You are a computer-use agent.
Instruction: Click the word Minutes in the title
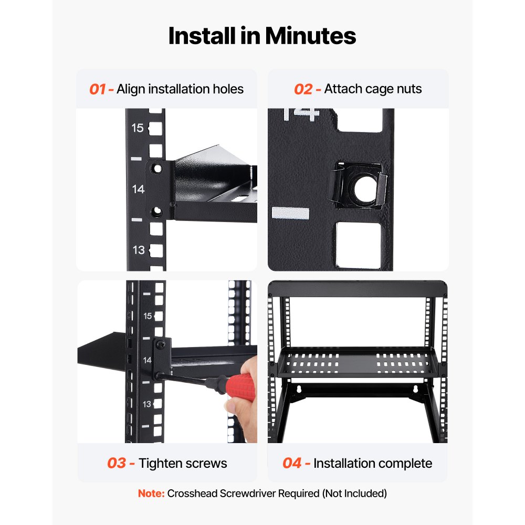(310, 36)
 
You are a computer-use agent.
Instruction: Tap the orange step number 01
(98, 89)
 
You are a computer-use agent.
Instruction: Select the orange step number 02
(303, 89)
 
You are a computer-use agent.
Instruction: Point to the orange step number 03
(117, 463)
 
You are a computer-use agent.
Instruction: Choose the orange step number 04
(292, 463)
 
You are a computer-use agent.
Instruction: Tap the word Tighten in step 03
(161, 463)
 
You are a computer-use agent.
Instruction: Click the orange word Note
(151, 493)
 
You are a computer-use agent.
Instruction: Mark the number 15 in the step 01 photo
(138, 128)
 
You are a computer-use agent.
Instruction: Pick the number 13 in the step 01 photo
(138, 250)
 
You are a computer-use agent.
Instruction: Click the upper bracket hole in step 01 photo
(156, 168)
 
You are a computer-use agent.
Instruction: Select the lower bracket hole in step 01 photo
(156, 212)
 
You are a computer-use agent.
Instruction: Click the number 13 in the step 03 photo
(147, 404)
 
